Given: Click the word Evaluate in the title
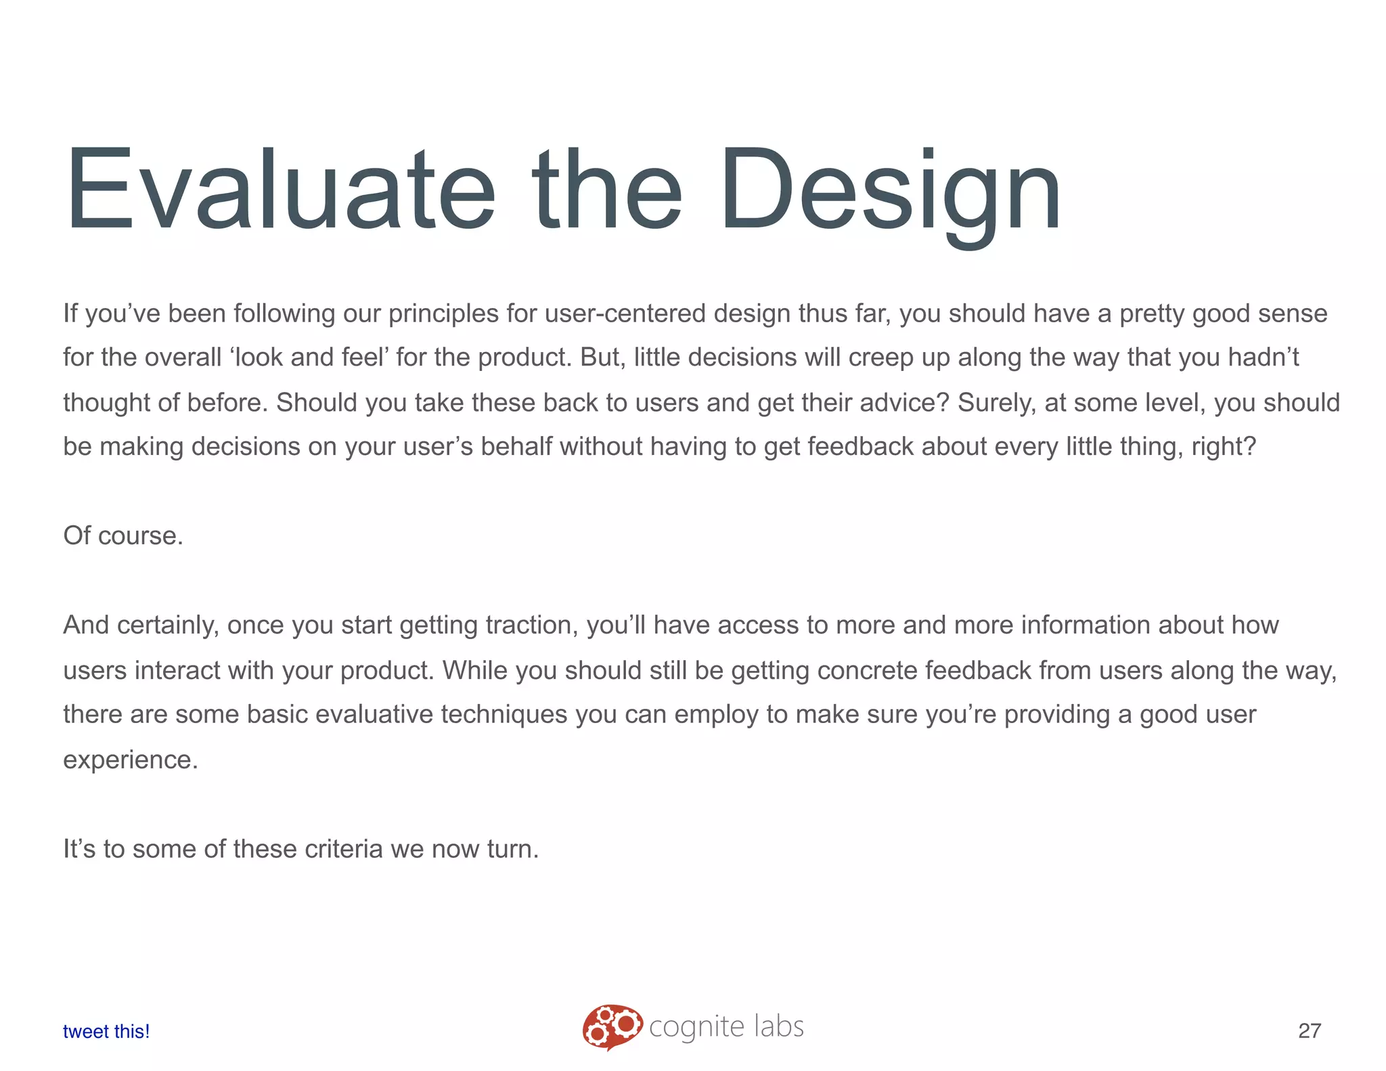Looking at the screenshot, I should (281, 190).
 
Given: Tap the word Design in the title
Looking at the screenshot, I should (890, 190).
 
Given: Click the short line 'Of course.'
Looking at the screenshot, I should (123, 535).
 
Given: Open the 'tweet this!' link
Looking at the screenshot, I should (106, 1031).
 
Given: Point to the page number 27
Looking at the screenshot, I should (1310, 1031).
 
